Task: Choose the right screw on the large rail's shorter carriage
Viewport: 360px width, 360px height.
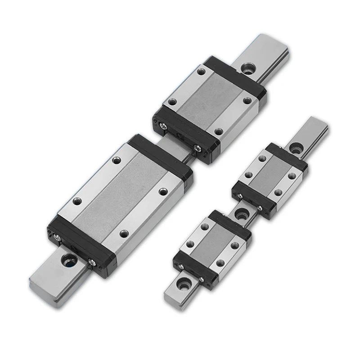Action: tap(196, 148)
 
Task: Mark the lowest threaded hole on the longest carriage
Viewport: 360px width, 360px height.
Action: tap(123, 233)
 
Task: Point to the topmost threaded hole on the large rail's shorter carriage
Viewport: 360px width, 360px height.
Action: tap(201, 71)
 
